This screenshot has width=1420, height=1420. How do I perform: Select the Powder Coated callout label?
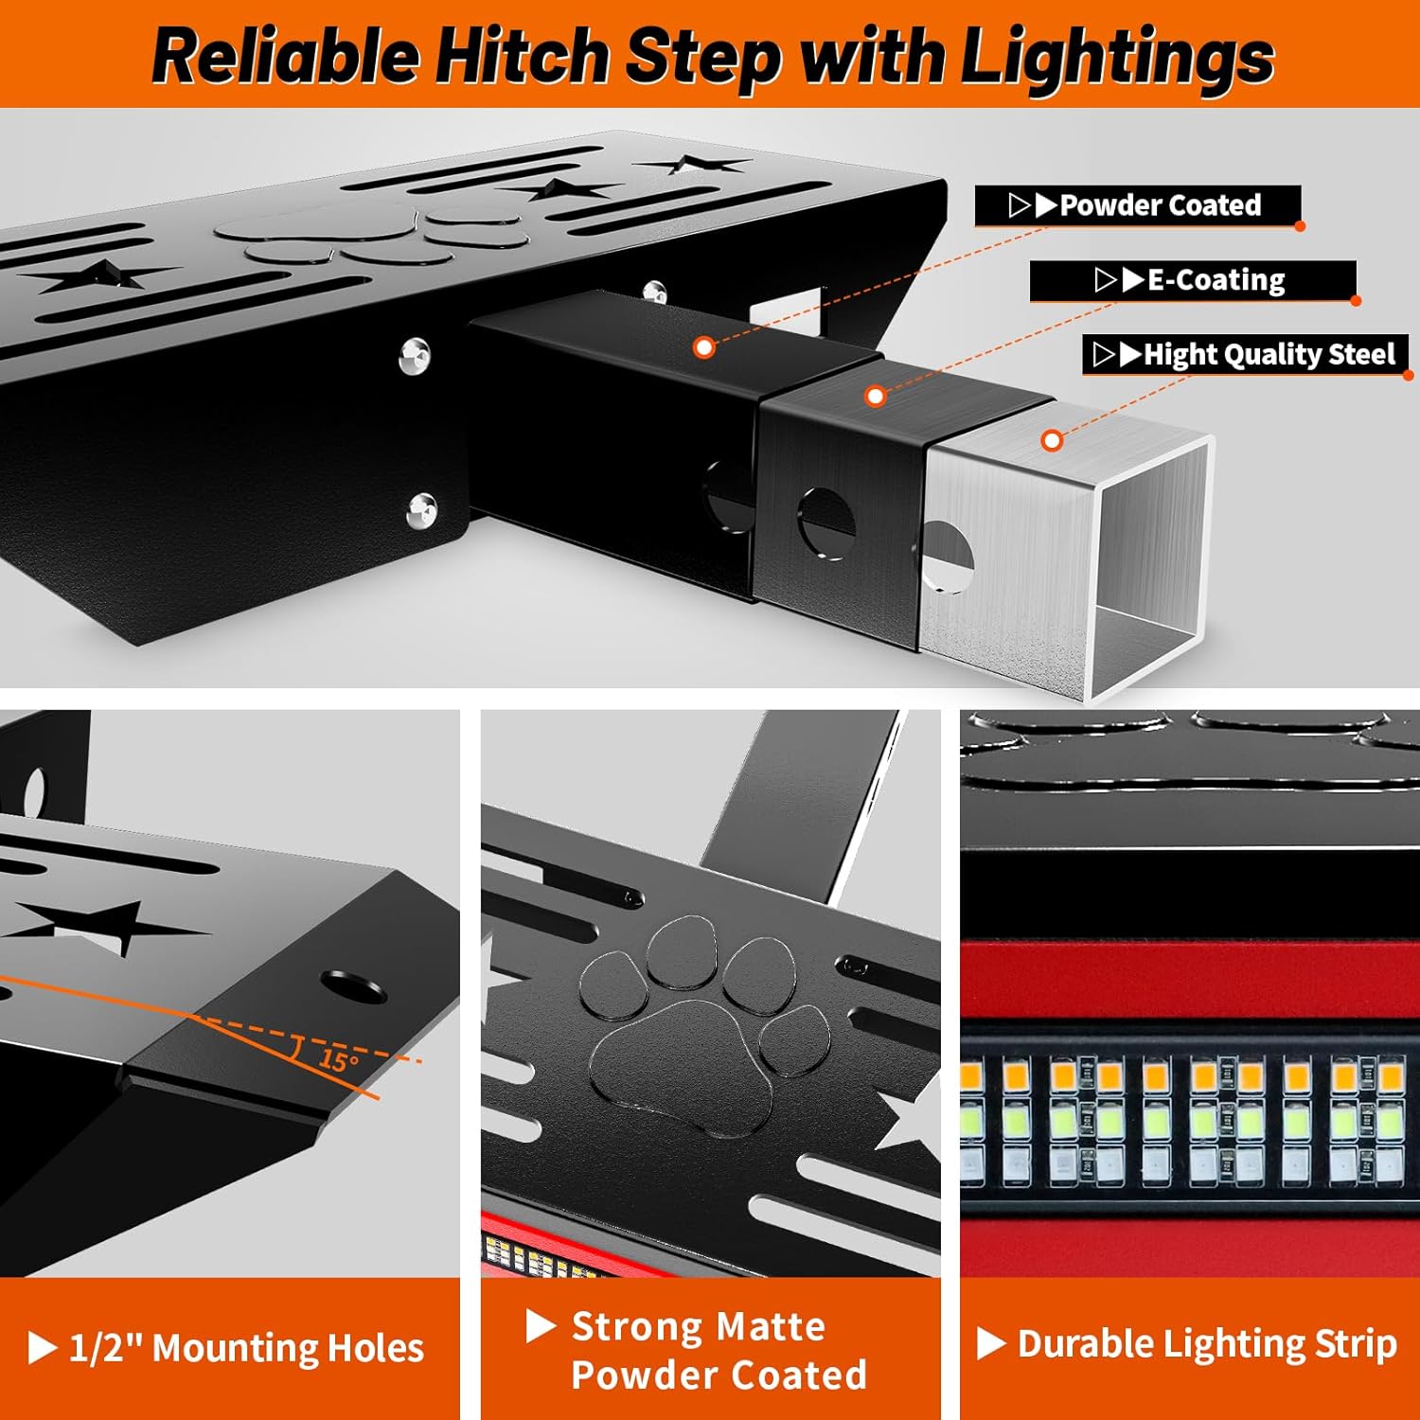point(1138,205)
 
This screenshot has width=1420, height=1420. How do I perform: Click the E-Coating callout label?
point(1193,280)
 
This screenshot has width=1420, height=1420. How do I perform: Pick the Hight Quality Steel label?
point(1246,355)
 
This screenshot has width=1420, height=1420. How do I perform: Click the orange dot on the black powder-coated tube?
point(703,347)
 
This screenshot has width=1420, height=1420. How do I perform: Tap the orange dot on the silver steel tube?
point(1051,440)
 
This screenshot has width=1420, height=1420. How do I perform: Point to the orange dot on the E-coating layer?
point(876,396)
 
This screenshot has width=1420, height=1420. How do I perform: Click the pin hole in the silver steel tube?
point(950,558)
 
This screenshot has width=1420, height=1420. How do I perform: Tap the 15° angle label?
point(338,1059)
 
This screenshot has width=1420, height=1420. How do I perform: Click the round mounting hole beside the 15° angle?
point(352,986)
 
